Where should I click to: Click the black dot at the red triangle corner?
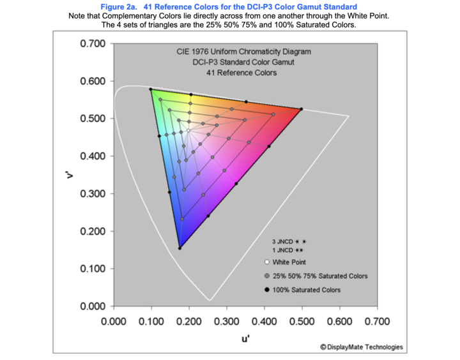302,109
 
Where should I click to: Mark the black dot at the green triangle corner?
150,89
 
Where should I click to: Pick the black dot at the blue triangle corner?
180,248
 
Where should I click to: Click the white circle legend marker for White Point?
266,262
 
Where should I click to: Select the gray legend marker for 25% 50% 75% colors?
266,276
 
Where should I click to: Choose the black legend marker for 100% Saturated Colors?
266,290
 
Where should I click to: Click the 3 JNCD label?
282,242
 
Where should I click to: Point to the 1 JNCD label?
282,251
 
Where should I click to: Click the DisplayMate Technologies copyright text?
362,347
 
